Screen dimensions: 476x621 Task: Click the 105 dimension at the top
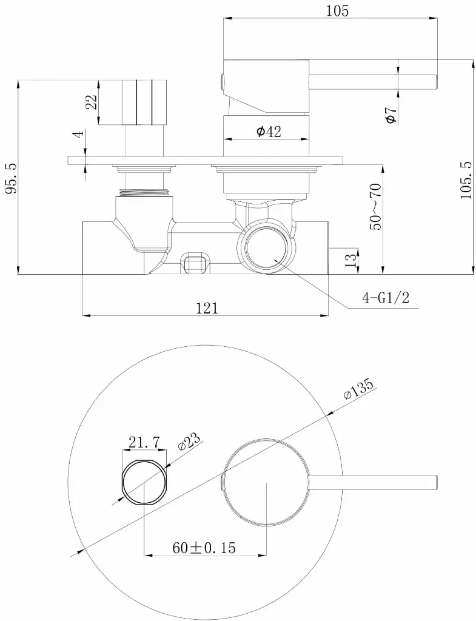337,11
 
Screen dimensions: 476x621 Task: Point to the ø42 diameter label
269,131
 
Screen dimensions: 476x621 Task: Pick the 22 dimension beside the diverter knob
91,102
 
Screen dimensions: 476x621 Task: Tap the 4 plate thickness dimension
79,133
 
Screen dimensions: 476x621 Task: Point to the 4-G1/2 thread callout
385,297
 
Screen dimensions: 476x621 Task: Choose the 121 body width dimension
207,307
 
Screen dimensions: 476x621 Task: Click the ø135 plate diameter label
359,391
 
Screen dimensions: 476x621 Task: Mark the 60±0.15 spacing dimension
204,548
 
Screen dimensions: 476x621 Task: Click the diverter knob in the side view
144,102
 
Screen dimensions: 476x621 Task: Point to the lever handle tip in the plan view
436,482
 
